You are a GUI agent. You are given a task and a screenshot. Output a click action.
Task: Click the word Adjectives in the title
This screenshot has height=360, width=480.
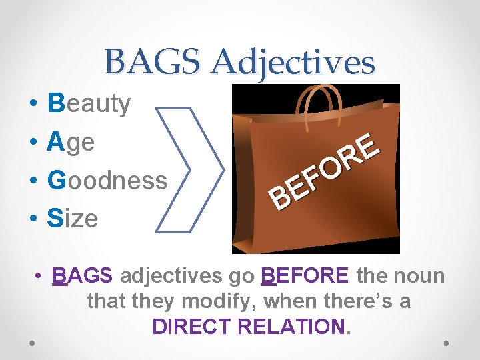294,63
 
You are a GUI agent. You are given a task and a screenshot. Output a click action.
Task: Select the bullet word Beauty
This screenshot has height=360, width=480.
89,104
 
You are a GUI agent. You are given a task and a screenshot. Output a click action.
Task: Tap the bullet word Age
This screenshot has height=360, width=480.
71,143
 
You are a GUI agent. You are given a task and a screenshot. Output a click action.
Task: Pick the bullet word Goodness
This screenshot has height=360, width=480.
107,180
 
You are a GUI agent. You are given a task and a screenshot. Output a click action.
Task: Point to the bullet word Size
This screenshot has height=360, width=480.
73,218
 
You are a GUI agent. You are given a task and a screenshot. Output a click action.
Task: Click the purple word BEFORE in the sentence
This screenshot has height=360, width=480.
305,275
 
